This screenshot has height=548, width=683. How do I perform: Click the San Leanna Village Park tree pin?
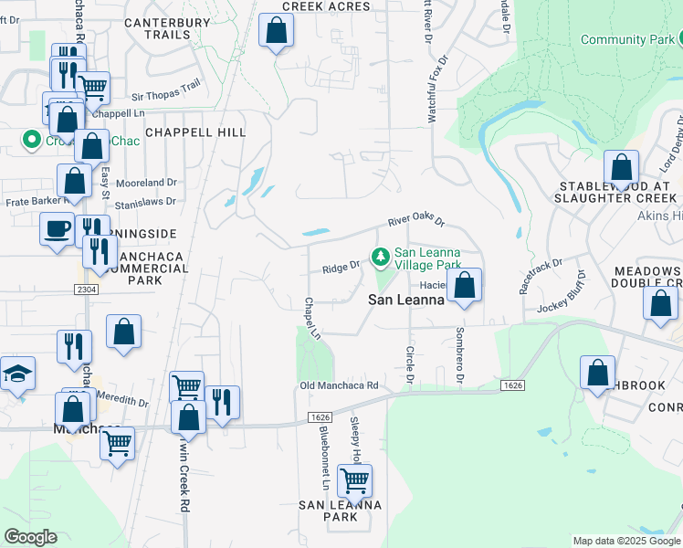click(379, 255)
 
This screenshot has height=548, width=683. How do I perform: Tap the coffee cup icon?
click(57, 227)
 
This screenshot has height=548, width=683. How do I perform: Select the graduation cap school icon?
click(17, 374)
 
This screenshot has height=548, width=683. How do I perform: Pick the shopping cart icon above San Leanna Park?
click(354, 479)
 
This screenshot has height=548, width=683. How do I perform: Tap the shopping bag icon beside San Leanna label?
click(465, 285)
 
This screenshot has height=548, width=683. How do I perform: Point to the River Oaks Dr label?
click(415, 222)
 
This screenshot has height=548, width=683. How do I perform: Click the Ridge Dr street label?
click(341, 269)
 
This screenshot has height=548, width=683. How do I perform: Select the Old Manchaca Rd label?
click(339, 386)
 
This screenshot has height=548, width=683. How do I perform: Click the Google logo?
click(30, 537)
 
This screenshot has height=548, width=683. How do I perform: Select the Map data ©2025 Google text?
click(625, 541)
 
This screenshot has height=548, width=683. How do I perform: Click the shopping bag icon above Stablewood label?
click(621, 168)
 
